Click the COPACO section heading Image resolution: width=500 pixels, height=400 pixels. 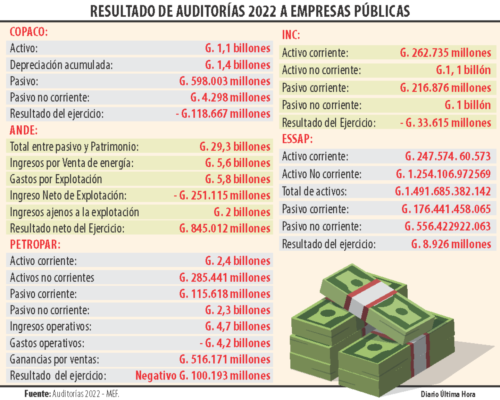[28, 32]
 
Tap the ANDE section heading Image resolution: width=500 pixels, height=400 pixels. [24, 131]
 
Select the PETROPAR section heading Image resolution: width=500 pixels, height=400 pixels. [35, 245]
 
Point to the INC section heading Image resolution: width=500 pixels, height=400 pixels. [291, 35]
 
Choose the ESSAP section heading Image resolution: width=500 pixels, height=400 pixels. [297, 139]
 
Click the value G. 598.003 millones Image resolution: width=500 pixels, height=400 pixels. [225, 81]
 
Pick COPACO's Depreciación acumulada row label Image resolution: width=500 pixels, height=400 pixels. [61, 65]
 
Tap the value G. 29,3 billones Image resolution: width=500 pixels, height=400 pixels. [235, 147]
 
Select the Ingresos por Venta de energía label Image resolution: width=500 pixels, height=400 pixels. [72, 163]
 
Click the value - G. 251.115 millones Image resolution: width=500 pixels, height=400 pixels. [222, 196]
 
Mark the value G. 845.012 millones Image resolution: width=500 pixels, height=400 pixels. [225, 228]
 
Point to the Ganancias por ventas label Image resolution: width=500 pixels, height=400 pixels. [54, 359]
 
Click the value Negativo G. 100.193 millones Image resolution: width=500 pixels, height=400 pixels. [203, 376]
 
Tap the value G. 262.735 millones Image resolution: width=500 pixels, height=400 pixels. [445, 53]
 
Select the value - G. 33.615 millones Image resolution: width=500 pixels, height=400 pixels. [445, 123]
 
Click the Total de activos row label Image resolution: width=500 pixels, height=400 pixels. [314, 191]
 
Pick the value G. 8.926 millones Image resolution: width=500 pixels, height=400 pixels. [451, 244]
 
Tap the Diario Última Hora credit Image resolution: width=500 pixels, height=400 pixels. [448, 394]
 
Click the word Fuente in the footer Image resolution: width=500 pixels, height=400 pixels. [37, 394]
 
